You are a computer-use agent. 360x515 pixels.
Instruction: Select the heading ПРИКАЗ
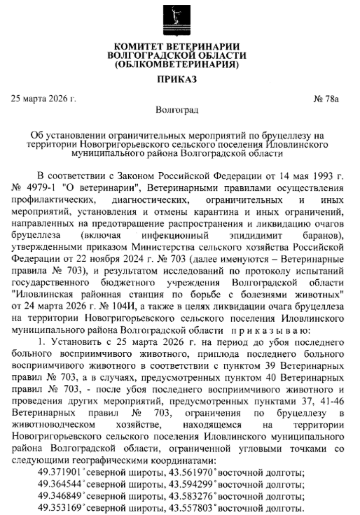(179, 81)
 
